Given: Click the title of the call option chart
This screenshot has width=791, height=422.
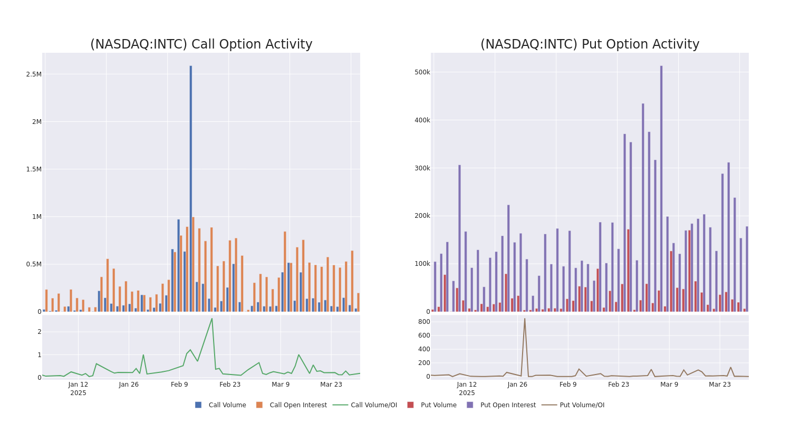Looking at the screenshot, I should tap(201, 44).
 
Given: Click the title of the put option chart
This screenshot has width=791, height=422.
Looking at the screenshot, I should tap(590, 44).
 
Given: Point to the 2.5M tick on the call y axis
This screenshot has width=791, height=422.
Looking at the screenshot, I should tap(34, 74).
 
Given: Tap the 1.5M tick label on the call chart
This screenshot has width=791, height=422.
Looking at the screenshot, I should tap(34, 169).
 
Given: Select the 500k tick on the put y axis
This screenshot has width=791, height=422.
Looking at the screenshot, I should tap(422, 72).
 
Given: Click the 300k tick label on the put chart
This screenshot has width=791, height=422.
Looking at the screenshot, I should tap(422, 168).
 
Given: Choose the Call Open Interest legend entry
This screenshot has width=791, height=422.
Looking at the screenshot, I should tap(298, 405).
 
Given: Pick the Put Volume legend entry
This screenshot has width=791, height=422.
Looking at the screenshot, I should tap(438, 405).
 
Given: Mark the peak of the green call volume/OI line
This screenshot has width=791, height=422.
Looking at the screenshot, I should tap(212, 318).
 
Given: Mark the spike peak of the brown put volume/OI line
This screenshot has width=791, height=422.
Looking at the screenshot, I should tap(524, 318).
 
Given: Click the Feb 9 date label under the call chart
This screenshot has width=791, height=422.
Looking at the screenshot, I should tap(179, 385).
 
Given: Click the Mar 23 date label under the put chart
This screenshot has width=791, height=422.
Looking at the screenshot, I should tap(720, 385).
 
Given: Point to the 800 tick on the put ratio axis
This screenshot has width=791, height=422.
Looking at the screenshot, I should tap(424, 322).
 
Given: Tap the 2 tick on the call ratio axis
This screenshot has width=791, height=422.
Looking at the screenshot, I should tap(39, 332).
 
